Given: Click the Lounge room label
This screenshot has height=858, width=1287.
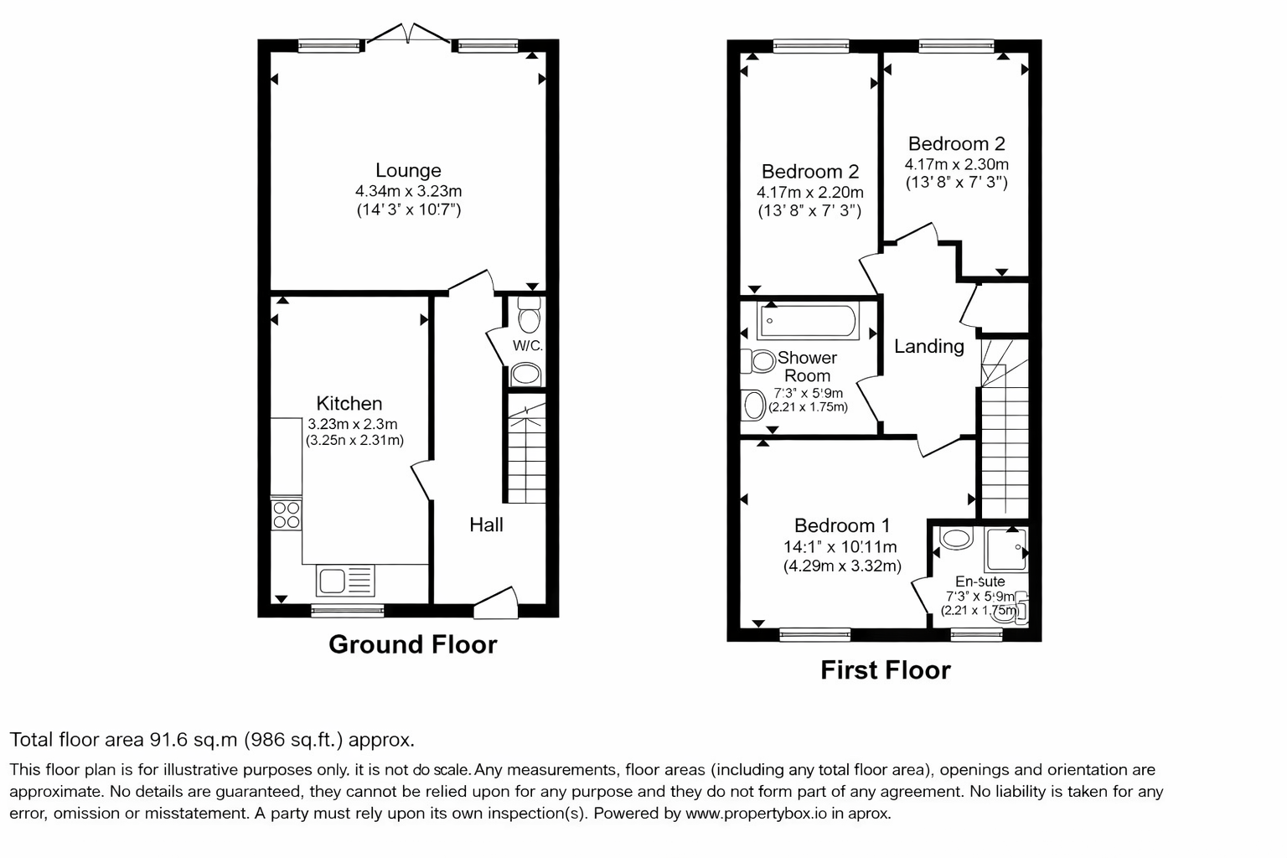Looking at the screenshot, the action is click(x=408, y=170).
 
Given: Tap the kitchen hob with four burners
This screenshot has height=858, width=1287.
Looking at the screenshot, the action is click(x=286, y=514).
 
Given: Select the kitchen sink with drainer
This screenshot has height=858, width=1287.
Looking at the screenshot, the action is click(x=345, y=581).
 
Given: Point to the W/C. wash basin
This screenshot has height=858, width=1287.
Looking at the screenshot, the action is click(x=525, y=375).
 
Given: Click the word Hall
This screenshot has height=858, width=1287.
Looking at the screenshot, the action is click(x=486, y=525).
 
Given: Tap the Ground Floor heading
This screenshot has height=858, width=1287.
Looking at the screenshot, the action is click(x=412, y=644).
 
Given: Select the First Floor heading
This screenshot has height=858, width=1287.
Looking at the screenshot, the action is click(x=886, y=670).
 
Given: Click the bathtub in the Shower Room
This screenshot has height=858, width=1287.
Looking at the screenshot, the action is click(x=808, y=321).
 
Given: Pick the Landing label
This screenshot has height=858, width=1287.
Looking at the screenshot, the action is click(x=929, y=346).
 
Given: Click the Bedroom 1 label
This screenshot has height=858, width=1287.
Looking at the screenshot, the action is click(x=842, y=525).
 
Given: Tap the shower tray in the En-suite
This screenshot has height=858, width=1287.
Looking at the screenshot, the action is click(x=1006, y=550).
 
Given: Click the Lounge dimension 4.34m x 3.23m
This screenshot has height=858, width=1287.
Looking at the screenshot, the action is click(x=408, y=191).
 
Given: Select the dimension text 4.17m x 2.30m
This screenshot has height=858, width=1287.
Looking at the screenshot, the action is click(x=957, y=164).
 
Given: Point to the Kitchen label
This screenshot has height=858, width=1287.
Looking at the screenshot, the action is click(x=349, y=403).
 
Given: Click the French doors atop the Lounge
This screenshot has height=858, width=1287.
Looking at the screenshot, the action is click(x=408, y=34).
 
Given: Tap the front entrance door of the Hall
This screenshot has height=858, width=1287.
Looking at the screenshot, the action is click(x=496, y=603).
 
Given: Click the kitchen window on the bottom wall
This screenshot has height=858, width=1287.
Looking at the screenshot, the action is click(x=348, y=611).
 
